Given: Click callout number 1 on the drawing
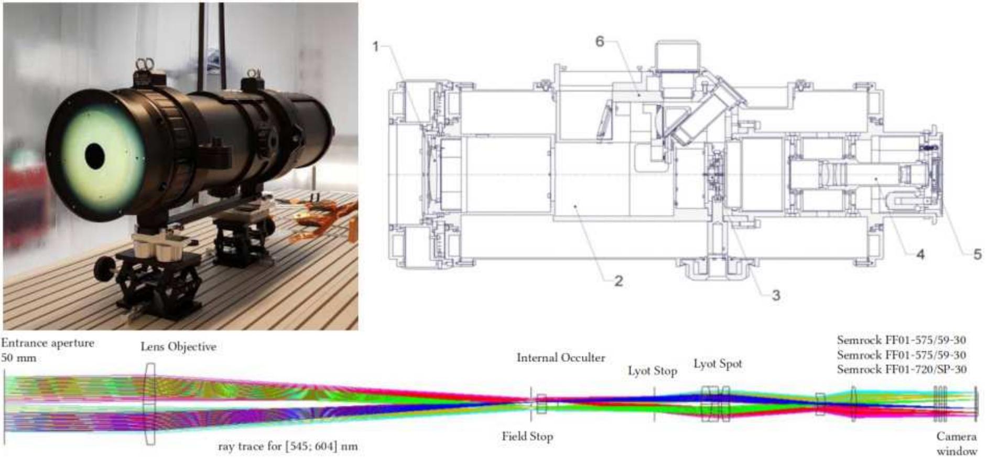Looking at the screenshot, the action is tap(376, 47).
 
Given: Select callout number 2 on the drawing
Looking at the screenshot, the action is tap(619, 281).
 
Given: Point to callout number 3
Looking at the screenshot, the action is tap(776, 295).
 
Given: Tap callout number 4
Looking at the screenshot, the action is tap(920, 255).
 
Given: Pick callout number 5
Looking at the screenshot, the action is tap(978, 254).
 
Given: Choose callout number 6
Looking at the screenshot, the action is tap(600, 41).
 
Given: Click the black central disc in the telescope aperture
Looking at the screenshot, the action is tap(95, 156).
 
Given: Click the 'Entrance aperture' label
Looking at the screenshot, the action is tap(48, 343).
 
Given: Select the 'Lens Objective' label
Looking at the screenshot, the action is tap(178, 347).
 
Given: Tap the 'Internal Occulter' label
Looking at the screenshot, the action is tap(561, 358).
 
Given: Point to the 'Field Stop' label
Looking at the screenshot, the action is tap(527, 436).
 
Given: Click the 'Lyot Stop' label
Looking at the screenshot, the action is tap(653, 371).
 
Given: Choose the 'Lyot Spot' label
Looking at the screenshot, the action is tap(718, 364).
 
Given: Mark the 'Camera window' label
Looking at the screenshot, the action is tap(957, 444).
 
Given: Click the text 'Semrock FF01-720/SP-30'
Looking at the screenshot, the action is tap(902, 369).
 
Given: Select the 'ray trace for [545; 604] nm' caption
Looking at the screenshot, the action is tap(288, 447).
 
